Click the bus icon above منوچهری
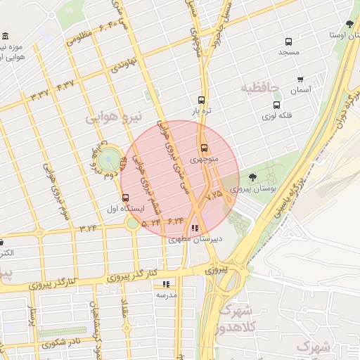[x=204, y=148]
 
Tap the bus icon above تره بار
[x=202, y=100]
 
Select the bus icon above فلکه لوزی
[x=276, y=105]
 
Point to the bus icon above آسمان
[x=300, y=79]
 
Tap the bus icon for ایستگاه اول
[x=125, y=198]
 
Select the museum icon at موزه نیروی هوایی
[x=6, y=37]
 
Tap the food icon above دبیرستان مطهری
[x=194, y=228]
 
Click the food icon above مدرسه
[x=166, y=284]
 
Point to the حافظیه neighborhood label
[x=260, y=88]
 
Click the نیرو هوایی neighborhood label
[x=113, y=115]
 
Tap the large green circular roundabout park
[x=110, y=160]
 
